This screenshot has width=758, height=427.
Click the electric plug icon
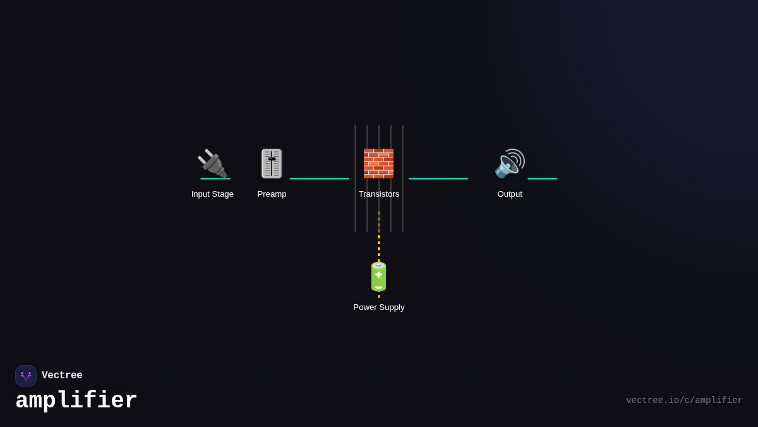pos(212,163)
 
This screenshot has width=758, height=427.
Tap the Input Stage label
pos(212,194)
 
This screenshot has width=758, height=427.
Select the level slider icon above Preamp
pos(272,163)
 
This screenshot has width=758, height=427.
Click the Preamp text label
pos(272,194)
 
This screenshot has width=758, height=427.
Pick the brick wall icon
pos(378,163)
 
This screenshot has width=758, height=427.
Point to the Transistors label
pos(379,194)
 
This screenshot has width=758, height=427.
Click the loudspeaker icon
pos(509,163)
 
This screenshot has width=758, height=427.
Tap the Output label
pos(510,194)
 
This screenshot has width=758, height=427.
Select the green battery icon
pos(378,276)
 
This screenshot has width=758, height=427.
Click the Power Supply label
pos(379,307)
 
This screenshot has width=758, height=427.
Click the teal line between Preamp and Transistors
pos(319,178)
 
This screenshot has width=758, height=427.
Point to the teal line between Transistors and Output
pos(438,178)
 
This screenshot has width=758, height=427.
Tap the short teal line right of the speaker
pos(543,178)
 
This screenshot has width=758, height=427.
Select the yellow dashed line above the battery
pos(379,244)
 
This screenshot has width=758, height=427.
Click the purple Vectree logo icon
pos(26,376)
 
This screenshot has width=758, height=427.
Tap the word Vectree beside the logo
pos(62,376)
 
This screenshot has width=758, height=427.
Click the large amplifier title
pos(76,400)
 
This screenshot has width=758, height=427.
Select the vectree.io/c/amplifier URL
pos(684,400)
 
